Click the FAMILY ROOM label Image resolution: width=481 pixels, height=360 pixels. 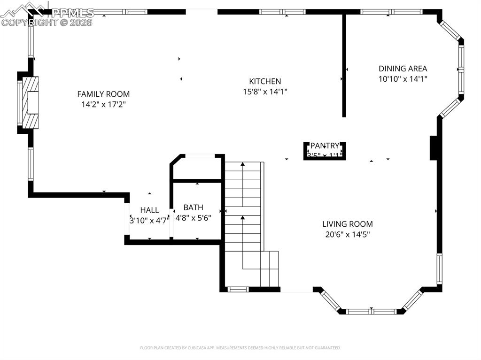click(103, 94)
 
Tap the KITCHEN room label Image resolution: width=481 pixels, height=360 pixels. click(265, 81)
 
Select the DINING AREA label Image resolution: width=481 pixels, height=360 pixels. click(403, 69)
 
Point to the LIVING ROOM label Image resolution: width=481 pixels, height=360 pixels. click(347, 224)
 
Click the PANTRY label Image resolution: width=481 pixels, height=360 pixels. click(325, 146)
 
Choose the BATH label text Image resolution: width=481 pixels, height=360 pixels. click(193, 207)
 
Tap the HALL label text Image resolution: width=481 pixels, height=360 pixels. click(149, 210)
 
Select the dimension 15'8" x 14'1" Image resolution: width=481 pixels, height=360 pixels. click(265, 92)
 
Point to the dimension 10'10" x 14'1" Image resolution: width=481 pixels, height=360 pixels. click(403, 79)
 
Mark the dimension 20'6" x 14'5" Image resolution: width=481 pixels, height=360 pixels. click(347, 235)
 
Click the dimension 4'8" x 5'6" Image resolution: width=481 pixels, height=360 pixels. click(193, 218)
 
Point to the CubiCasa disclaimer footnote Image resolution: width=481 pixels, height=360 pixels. click(240, 348)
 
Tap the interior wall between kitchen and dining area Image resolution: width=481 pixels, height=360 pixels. click(344, 66)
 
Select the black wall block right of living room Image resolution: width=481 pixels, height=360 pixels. click(434, 148)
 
